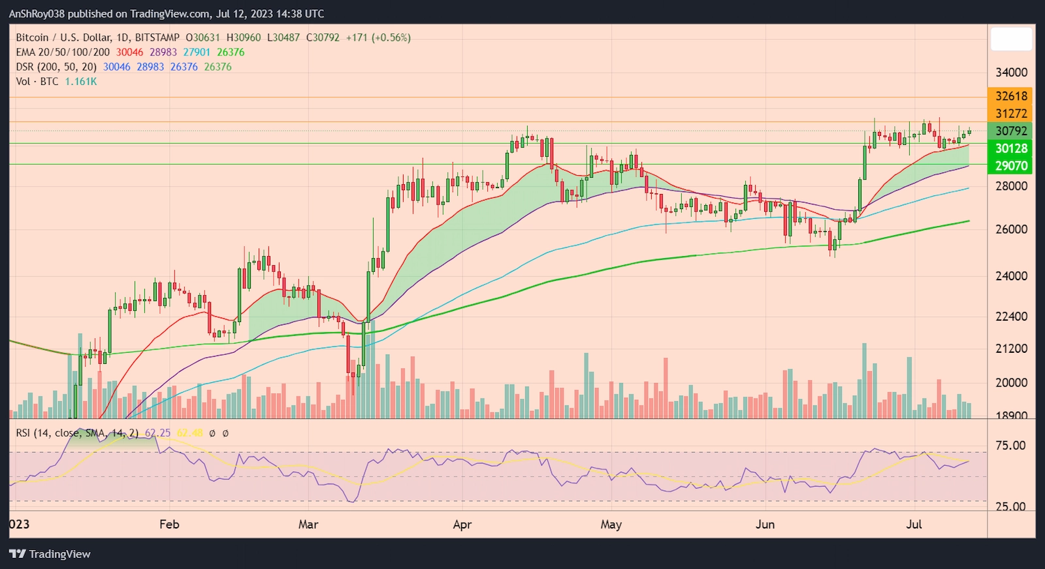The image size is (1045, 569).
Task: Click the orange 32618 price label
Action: pyautogui.click(x=1010, y=96)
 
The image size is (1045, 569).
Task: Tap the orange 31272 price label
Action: pyautogui.click(x=1010, y=114)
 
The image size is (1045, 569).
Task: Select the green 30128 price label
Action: pyautogui.click(x=1010, y=148)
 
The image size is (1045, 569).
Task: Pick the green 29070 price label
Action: pyautogui.click(x=1010, y=166)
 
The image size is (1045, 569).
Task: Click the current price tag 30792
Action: pyautogui.click(x=1010, y=131)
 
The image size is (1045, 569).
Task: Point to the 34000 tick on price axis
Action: pyautogui.click(x=1010, y=73)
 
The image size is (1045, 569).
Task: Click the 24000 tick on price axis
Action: pyautogui.click(x=1010, y=276)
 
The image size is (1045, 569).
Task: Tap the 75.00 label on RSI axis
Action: pyautogui.click(x=1010, y=446)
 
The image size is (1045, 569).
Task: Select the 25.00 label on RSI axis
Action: pyautogui.click(x=1010, y=507)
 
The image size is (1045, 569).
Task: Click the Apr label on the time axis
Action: pyautogui.click(x=462, y=525)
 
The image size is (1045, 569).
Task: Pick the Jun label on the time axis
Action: pyautogui.click(x=765, y=525)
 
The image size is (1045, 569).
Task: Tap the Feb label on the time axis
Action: pyautogui.click(x=169, y=525)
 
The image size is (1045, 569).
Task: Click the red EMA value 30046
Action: pyautogui.click(x=129, y=52)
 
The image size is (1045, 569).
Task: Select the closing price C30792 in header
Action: pyautogui.click(x=323, y=38)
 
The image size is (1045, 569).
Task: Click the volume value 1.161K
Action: pyautogui.click(x=81, y=82)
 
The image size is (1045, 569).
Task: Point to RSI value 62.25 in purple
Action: pyautogui.click(x=157, y=433)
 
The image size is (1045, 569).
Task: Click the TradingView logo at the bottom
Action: pyautogui.click(x=50, y=554)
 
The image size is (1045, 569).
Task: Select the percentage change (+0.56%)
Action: pyautogui.click(x=391, y=38)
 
